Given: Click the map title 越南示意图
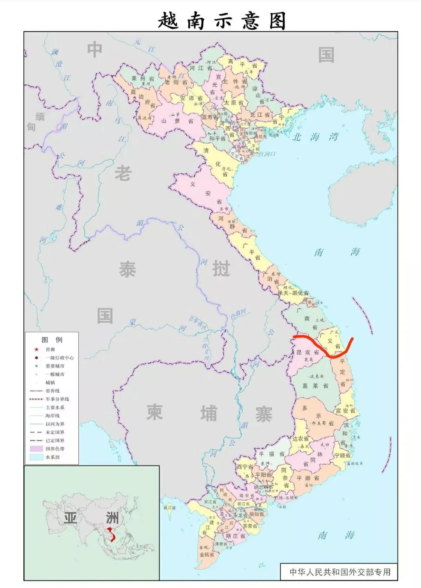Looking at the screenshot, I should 222,20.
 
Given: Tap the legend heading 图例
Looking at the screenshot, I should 52,339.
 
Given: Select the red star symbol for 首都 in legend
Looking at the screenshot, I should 36,350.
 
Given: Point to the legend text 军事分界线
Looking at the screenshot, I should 57,399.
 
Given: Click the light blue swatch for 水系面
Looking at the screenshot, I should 36,457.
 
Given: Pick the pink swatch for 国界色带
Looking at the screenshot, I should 36,449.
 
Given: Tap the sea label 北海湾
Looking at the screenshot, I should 316,137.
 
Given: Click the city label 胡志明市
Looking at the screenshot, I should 264,487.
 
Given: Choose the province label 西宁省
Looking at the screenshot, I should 244,467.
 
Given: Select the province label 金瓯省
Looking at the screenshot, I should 207,554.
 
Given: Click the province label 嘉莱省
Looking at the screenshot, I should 315,385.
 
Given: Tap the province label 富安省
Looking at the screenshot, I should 345,411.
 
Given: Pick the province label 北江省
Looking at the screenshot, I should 260,115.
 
